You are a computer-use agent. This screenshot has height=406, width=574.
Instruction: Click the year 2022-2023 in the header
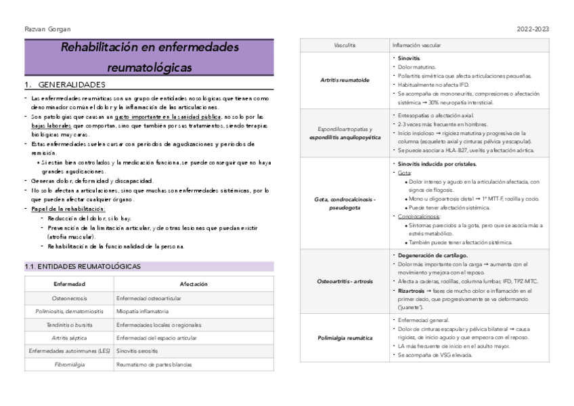(x=533, y=29)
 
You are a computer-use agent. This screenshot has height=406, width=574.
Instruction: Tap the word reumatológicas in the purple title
(x=149, y=68)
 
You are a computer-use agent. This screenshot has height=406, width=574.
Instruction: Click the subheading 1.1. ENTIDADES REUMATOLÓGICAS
(x=82, y=266)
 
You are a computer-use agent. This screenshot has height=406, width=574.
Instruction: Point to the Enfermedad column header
(x=70, y=284)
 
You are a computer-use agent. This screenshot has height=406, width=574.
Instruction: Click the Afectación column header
(x=194, y=284)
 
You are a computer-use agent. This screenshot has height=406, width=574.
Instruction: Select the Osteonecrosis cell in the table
(x=70, y=298)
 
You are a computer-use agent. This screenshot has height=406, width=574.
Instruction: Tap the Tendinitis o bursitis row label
(x=70, y=325)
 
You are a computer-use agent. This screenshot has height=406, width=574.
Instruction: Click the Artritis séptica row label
(x=70, y=338)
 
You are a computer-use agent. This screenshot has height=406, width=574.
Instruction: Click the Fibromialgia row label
(x=70, y=365)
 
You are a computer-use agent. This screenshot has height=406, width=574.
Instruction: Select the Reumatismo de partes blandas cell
(x=154, y=365)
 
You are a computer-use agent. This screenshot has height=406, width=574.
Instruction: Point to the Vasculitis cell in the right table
(x=345, y=45)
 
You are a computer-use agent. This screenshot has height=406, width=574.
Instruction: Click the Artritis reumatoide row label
(x=345, y=80)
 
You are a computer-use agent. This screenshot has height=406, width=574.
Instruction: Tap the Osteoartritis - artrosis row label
(x=345, y=280)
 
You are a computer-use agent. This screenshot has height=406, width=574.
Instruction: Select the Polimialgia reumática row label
(x=345, y=337)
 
